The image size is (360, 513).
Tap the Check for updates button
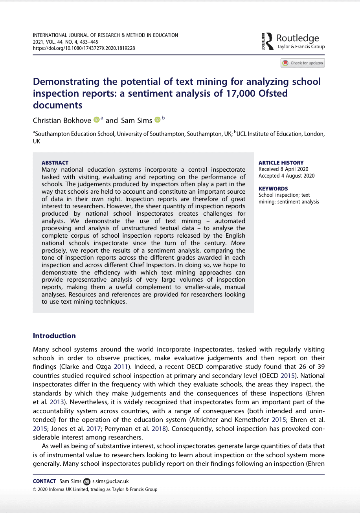tap(302, 63)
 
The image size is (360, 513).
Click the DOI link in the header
tap(84, 48)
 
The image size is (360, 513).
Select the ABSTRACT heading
tap(55, 163)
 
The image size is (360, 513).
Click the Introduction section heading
tap(54, 336)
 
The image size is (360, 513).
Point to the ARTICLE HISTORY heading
tap(281, 163)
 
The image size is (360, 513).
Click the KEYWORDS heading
tap(273, 189)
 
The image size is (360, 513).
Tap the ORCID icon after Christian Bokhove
tap(96, 120)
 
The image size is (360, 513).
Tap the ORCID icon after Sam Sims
tap(157, 120)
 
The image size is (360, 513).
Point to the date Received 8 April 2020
tap(284, 169)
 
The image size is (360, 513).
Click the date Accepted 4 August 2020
tap(287, 176)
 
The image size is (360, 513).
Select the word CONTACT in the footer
tap(44, 481)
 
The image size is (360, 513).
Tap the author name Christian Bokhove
tap(62, 120)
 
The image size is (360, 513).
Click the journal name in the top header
tap(105, 35)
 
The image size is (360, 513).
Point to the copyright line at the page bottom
tap(95, 489)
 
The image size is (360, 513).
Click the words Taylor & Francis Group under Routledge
tap(301, 47)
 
